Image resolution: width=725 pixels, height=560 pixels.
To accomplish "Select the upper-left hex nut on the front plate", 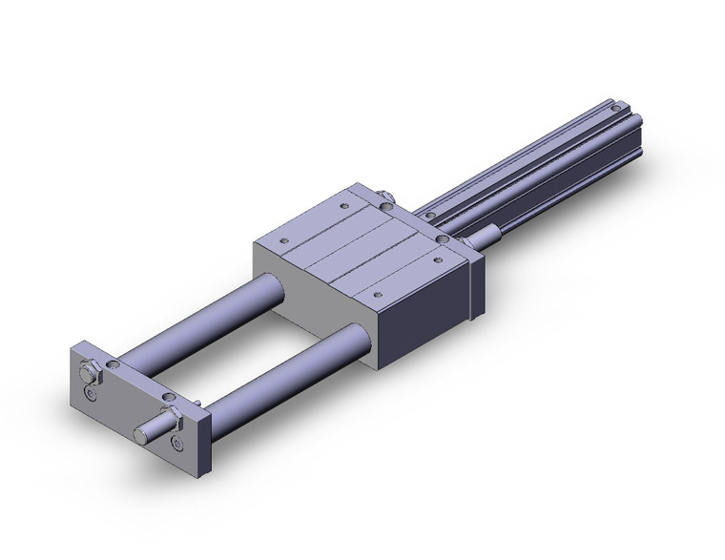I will click(x=89, y=366).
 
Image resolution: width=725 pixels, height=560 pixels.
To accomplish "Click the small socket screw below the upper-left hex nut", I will click(x=90, y=392).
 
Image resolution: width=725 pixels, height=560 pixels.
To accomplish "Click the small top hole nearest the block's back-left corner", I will click(x=342, y=203).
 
